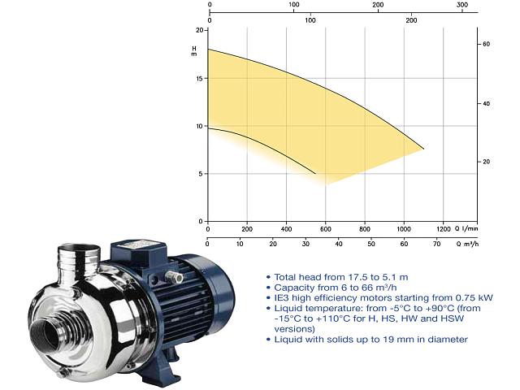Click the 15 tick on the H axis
tap(206, 79)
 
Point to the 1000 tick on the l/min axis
tap(404, 223)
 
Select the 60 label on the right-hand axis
tap(486, 44)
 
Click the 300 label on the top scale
tap(462, 5)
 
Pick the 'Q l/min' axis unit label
tap(466, 228)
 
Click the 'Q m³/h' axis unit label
tap(467, 244)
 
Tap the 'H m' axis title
tap(194, 51)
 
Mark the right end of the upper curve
tap(424, 149)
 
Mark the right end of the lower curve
tap(315, 173)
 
